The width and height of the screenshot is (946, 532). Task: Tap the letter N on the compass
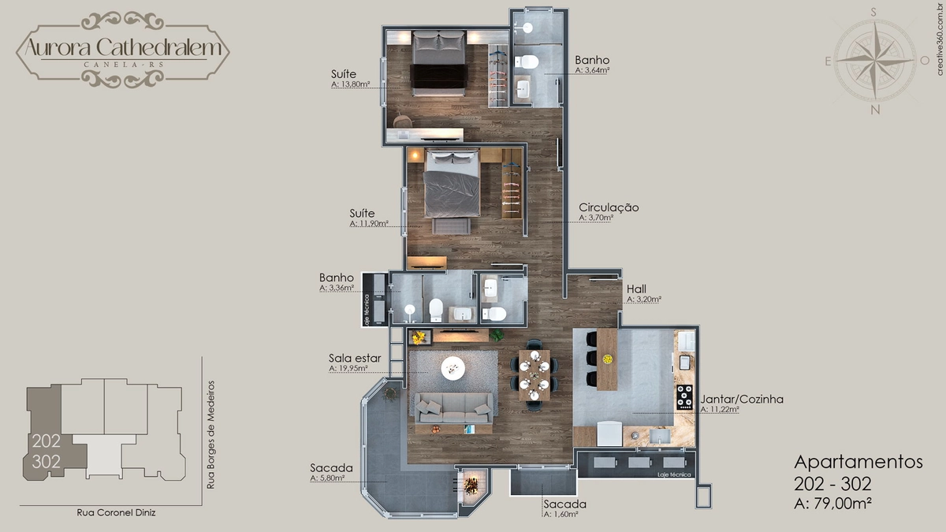875,110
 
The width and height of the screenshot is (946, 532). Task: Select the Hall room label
636,289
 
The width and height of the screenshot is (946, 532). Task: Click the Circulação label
609,207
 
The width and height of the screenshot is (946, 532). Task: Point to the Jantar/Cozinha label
742,399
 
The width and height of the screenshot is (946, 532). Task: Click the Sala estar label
355,358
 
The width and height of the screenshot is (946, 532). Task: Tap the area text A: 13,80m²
351,84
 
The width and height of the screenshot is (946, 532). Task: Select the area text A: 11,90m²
369,223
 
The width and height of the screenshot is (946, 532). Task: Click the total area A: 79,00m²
832,504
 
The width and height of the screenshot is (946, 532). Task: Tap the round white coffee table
453,369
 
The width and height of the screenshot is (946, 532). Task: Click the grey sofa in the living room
453,408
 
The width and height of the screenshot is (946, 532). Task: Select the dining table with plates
534,374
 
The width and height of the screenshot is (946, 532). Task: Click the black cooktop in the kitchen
684,397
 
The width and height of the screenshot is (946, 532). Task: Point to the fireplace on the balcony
471,486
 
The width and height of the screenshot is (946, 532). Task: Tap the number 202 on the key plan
47,441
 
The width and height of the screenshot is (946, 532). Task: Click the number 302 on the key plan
47,462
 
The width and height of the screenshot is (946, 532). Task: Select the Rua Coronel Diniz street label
116,512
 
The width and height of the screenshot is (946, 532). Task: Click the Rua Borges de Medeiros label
210,435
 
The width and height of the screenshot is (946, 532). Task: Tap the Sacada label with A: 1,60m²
564,504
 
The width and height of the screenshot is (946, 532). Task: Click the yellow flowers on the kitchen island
607,359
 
